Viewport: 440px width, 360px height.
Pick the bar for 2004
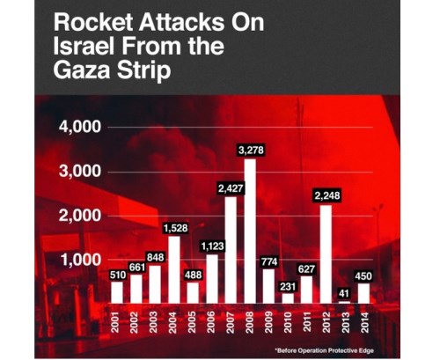173,269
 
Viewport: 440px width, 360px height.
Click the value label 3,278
251,151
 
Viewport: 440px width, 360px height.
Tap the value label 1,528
173,228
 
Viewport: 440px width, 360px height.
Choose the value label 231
289,285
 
